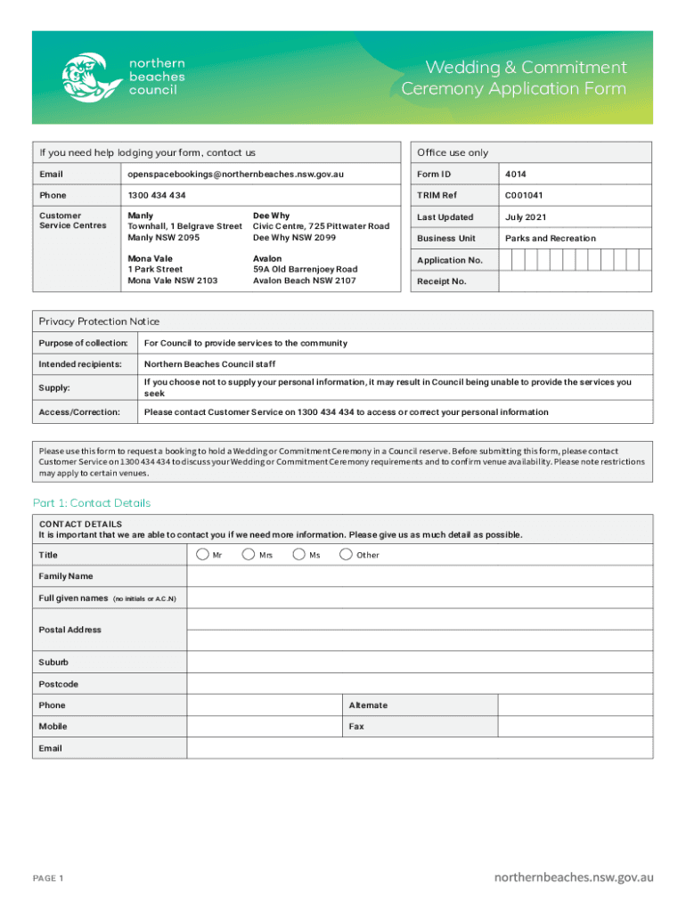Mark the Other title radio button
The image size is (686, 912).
(x=345, y=555)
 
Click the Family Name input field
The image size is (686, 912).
(x=420, y=576)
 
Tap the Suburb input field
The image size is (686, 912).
(x=420, y=663)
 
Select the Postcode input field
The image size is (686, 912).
(x=420, y=684)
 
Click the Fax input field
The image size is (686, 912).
(x=575, y=727)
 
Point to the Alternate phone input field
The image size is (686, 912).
(x=575, y=705)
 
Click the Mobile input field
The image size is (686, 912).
(x=265, y=727)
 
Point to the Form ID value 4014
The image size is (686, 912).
(x=515, y=174)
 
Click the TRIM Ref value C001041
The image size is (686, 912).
(x=524, y=195)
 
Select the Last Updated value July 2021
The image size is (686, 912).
(x=527, y=217)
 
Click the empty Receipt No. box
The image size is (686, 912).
(x=575, y=281)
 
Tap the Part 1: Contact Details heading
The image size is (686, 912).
(x=92, y=503)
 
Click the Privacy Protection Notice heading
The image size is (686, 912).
(x=99, y=322)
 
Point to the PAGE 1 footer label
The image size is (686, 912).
(x=48, y=879)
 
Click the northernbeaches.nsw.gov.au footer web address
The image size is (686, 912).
(x=574, y=877)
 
